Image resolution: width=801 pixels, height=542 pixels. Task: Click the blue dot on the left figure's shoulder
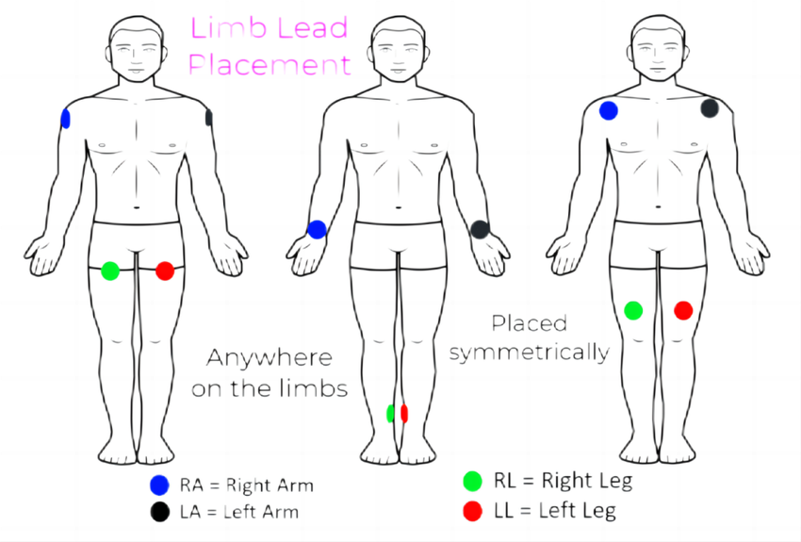coord(65,118)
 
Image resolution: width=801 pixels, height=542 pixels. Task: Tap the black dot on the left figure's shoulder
coord(208,118)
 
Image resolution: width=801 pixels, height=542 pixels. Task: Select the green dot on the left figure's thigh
coord(109,271)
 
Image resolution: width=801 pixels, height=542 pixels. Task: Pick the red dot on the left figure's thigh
coord(165,271)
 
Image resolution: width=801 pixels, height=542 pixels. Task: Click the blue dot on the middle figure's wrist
coord(317,229)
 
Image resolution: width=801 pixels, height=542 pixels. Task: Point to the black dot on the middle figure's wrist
coord(480,229)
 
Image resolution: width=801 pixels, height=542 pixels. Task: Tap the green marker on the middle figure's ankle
coord(391,413)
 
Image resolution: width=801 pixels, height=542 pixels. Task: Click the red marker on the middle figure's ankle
coord(404,413)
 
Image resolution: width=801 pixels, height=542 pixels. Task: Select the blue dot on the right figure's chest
coord(609,111)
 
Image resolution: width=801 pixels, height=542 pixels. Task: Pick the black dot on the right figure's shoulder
coord(710,108)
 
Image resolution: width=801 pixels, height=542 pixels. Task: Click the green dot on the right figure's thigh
coord(633,309)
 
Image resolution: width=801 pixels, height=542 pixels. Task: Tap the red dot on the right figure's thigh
coord(683,309)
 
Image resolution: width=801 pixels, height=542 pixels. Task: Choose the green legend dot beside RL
coord(472,482)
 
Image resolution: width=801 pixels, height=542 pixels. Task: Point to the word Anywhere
coord(270,358)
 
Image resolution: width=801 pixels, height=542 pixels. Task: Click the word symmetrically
coord(529,353)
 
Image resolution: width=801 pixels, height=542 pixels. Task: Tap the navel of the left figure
coord(137,206)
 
